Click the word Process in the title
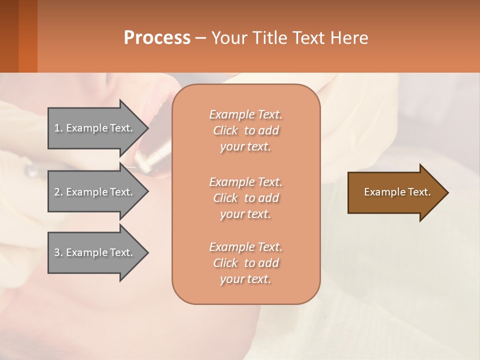tap(157, 38)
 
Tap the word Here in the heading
tap(349, 38)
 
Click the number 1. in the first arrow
tap(58, 128)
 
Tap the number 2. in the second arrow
tap(58, 192)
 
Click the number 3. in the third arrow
tap(58, 252)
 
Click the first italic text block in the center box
tap(245, 130)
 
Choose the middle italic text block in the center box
tap(245, 197)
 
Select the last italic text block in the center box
tap(245, 263)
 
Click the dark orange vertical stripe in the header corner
tap(27, 36)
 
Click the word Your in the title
tap(229, 38)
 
